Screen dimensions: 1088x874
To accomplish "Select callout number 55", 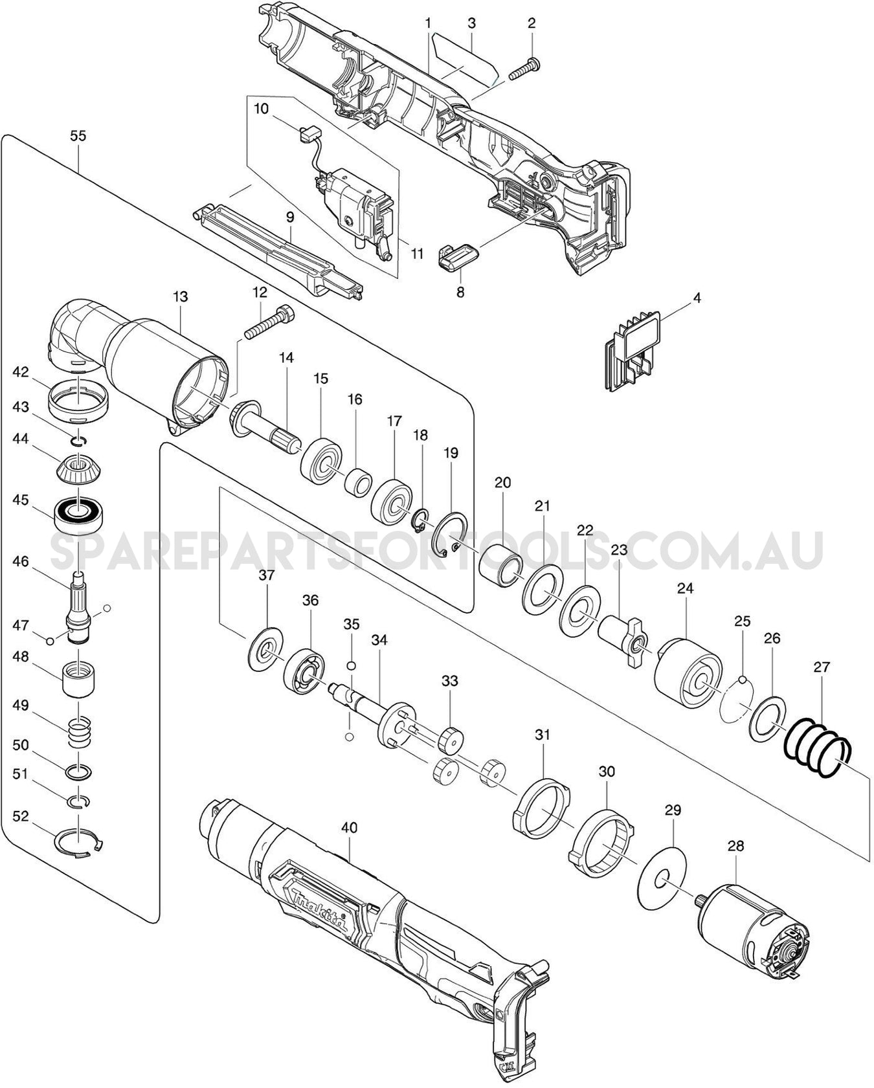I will (x=78, y=136).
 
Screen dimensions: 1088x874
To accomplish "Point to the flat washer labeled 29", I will (x=664, y=880).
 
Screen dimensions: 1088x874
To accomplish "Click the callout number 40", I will (x=350, y=827).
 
